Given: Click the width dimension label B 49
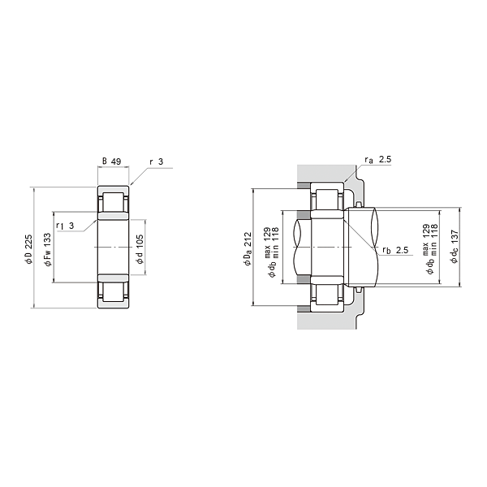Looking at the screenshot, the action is tap(111, 162).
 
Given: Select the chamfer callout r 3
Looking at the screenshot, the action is tap(156, 162).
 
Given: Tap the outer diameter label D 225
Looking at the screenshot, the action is tap(28, 249).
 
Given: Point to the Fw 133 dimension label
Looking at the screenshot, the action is tap(48, 250).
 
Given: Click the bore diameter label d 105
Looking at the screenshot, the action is tap(140, 249).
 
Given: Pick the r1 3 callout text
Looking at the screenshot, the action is tap(65, 226).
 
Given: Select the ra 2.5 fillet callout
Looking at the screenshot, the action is tap(378, 160).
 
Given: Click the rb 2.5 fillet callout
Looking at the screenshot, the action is tap(395, 250).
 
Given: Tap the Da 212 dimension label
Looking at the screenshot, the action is tap(248, 249).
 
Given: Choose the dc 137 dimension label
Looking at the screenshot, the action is tap(455, 247).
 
